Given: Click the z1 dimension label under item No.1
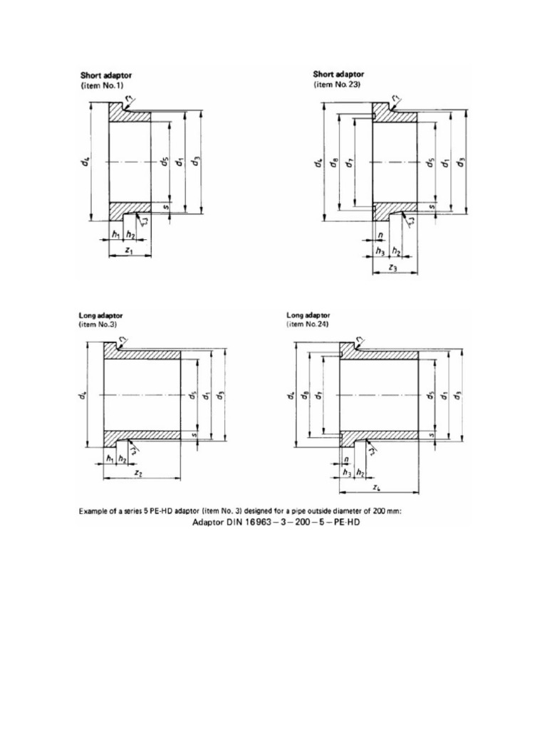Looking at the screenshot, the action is [x=128, y=251].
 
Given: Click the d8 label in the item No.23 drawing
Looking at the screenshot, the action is [x=333, y=163].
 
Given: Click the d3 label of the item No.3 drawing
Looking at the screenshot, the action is [x=221, y=394].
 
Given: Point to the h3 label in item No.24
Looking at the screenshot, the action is [x=347, y=472].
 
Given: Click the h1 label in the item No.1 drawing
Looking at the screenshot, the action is [x=115, y=234].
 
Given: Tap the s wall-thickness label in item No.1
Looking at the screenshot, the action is [x=165, y=207].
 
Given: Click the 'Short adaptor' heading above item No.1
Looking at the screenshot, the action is [x=106, y=75].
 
